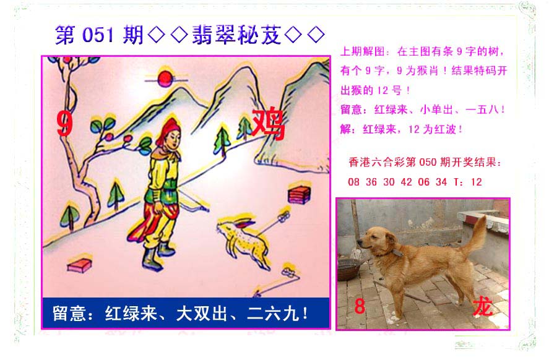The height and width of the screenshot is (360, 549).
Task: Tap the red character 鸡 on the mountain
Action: pyautogui.click(x=269, y=124)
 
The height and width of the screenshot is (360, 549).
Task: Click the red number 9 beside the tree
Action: pyautogui.click(x=65, y=124)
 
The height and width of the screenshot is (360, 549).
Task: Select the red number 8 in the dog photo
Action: pyautogui.click(x=360, y=306)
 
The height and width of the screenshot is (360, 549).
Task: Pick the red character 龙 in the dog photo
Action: pyautogui.click(x=483, y=307)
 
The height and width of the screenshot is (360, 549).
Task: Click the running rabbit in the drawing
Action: pyautogui.click(x=243, y=241)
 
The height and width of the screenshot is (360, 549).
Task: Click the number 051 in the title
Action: pyautogui.click(x=98, y=35)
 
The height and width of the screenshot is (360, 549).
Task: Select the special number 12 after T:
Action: pyautogui.click(x=476, y=182)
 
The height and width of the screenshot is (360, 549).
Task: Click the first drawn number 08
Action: pyautogui.click(x=353, y=182)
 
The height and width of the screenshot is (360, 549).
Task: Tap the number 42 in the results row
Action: pyautogui.click(x=407, y=182)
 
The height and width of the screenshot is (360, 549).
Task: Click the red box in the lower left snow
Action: pyautogui.click(x=79, y=265)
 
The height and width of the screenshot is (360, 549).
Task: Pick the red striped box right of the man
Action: pyautogui.click(x=300, y=195)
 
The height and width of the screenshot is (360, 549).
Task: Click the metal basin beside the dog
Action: pyautogui.click(x=348, y=270)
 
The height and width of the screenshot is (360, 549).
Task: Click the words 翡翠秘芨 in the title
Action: pyautogui.click(x=236, y=35)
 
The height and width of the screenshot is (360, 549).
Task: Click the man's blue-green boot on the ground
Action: pyautogui.click(x=152, y=259)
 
